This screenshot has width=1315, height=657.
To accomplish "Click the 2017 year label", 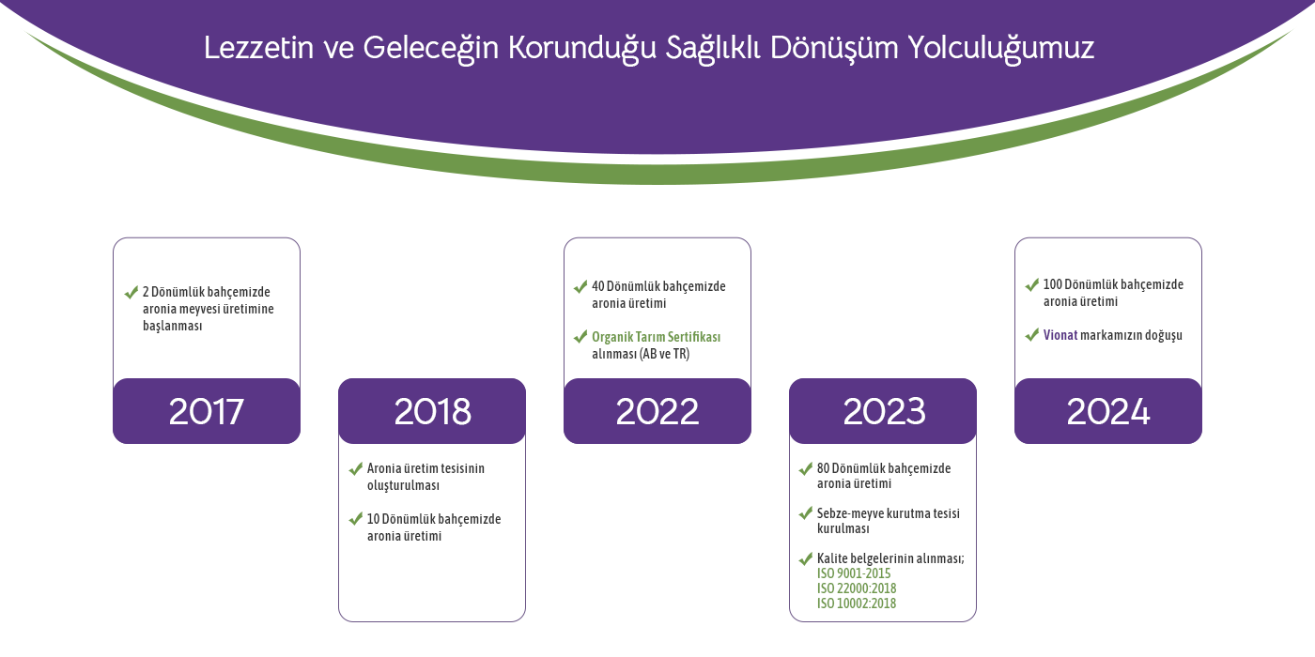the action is click(x=206, y=412).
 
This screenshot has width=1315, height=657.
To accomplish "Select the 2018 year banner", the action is click(x=432, y=411).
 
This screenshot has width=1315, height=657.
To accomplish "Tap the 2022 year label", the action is click(x=657, y=412).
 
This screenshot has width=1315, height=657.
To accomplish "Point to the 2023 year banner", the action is click(x=883, y=411).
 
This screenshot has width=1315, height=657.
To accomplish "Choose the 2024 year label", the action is click(x=1107, y=412).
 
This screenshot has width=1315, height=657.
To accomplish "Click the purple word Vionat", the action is click(x=1060, y=335).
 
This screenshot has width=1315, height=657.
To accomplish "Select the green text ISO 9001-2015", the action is click(x=854, y=573).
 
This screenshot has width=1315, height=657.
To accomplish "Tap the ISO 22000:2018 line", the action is click(x=857, y=588).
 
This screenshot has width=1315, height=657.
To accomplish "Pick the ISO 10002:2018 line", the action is click(x=857, y=604).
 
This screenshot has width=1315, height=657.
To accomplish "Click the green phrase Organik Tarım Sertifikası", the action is click(x=656, y=337).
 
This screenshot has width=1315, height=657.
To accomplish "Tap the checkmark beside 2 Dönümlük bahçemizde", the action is click(x=131, y=292).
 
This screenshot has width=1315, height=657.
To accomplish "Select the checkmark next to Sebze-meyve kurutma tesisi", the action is click(x=806, y=514).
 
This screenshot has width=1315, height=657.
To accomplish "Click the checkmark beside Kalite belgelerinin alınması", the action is click(x=806, y=559).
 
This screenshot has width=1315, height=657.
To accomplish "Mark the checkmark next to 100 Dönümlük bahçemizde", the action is click(x=1031, y=285).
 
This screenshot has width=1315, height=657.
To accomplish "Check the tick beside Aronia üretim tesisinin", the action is click(x=355, y=469).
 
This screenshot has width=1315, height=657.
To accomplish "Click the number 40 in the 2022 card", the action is click(x=597, y=286).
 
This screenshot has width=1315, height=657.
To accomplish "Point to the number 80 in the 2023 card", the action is click(x=823, y=468).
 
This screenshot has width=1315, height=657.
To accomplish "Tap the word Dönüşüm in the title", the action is click(x=834, y=48).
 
